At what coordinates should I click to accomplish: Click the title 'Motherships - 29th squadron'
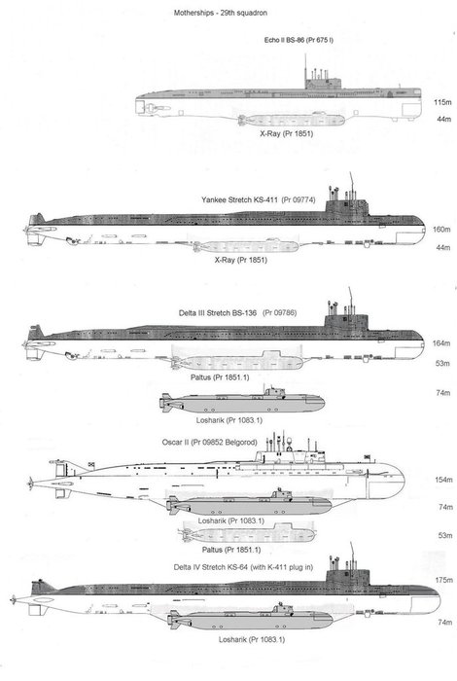[221, 13]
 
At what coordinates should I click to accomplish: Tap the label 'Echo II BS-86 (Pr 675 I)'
[299, 40]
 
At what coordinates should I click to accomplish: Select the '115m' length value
[442, 102]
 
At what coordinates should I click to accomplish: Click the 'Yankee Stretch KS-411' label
[239, 199]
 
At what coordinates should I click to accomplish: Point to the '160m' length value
[441, 230]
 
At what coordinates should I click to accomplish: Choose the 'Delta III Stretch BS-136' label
[218, 312]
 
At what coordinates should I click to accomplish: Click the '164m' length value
[441, 343]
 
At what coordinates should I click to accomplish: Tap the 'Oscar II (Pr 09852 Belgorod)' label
[210, 443]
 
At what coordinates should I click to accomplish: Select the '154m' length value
[444, 480]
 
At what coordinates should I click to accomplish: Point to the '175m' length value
[444, 580]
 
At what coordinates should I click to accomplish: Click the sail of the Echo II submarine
[323, 84]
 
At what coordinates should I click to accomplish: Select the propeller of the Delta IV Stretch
[15, 599]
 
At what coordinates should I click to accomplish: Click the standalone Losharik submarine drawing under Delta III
[242, 403]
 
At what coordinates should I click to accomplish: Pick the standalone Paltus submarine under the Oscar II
[247, 534]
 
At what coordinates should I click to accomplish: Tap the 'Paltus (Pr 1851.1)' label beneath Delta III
[220, 377]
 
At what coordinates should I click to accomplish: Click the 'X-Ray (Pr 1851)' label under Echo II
[287, 134]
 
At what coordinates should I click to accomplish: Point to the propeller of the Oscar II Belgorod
[30, 483]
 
